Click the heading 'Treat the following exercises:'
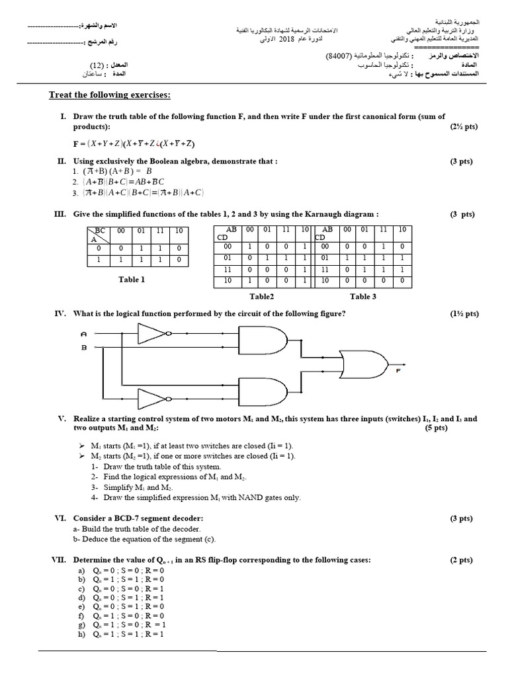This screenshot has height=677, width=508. tap(110, 95)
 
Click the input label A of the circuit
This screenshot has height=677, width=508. tap(83, 333)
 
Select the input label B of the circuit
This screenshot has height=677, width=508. tap(83, 346)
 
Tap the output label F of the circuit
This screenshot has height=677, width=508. tap(398, 371)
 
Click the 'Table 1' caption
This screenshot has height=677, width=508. tap(132, 280)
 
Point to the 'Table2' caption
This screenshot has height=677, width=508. tap(261, 297)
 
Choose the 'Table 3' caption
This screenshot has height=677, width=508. tap(363, 297)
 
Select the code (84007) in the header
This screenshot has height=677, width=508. tap(342, 58)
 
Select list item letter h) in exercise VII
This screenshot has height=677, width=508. tap(82, 634)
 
